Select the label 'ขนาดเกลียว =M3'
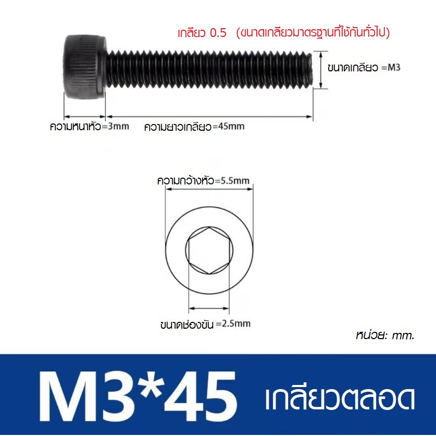[364, 68]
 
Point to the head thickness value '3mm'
[117, 126]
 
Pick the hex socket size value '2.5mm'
[236, 323]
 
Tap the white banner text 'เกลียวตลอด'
[340, 400]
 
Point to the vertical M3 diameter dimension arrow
[321, 70]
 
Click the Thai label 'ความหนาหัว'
[75, 126]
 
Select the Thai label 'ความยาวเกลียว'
[177, 126]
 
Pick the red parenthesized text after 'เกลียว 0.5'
[313, 33]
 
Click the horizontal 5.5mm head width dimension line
[209, 190]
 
